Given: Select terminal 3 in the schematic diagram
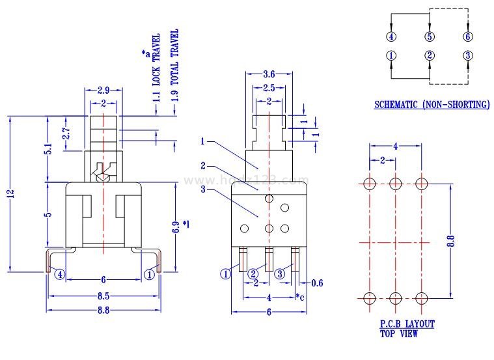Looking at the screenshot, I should tap(467, 55).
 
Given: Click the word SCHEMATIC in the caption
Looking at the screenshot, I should tap(396, 104).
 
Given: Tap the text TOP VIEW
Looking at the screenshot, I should tap(399, 334).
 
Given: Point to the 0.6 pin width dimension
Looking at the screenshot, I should tap(316, 282).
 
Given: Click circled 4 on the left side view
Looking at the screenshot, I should tap(60, 274).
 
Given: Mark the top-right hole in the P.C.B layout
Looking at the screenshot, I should tap(422, 184).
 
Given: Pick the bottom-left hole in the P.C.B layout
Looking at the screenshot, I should tap(369, 298).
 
